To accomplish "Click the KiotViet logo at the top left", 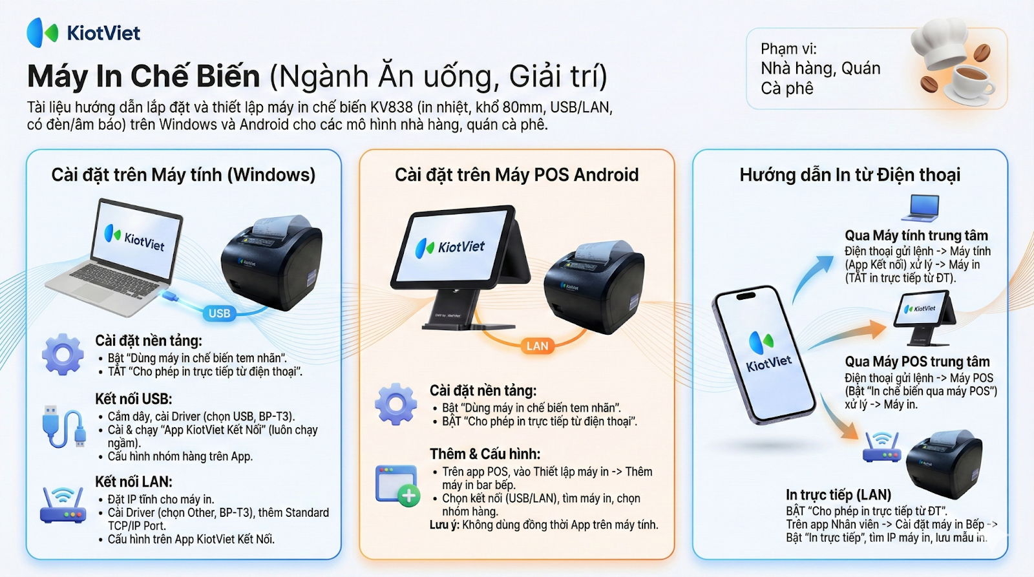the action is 83,33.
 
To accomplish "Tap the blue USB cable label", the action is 219,313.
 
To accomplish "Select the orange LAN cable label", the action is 537,346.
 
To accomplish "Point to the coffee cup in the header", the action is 969,84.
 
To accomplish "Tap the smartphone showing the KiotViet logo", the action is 764,355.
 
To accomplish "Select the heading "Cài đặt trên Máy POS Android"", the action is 516,175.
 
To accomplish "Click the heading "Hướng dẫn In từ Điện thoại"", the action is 850,175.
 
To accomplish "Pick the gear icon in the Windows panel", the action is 63,354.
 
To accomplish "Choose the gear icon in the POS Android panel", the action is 396,404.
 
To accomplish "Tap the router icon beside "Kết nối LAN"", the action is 63,505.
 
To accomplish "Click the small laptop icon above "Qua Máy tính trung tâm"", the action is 920,208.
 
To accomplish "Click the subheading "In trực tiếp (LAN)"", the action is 838,495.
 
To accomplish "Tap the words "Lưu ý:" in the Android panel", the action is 445,525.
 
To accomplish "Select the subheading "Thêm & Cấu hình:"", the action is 485,454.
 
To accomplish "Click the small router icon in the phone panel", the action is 881,447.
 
